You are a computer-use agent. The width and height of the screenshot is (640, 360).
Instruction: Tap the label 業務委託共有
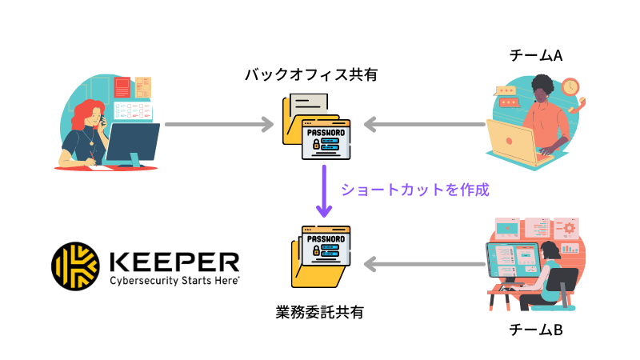tap(319, 312)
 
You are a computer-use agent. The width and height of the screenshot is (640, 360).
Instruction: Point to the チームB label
tap(535, 329)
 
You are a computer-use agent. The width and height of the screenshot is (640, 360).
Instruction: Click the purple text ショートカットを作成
tap(414, 190)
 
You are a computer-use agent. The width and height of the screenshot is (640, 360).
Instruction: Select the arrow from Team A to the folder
tap(424, 125)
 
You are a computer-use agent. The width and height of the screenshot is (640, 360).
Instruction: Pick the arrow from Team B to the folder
tap(424, 262)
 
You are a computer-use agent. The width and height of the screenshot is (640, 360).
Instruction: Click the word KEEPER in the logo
tap(172, 261)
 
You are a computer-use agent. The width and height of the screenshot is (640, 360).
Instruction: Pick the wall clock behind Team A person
tap(570, 86)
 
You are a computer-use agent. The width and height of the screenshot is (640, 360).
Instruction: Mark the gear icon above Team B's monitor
tap(570, 228)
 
